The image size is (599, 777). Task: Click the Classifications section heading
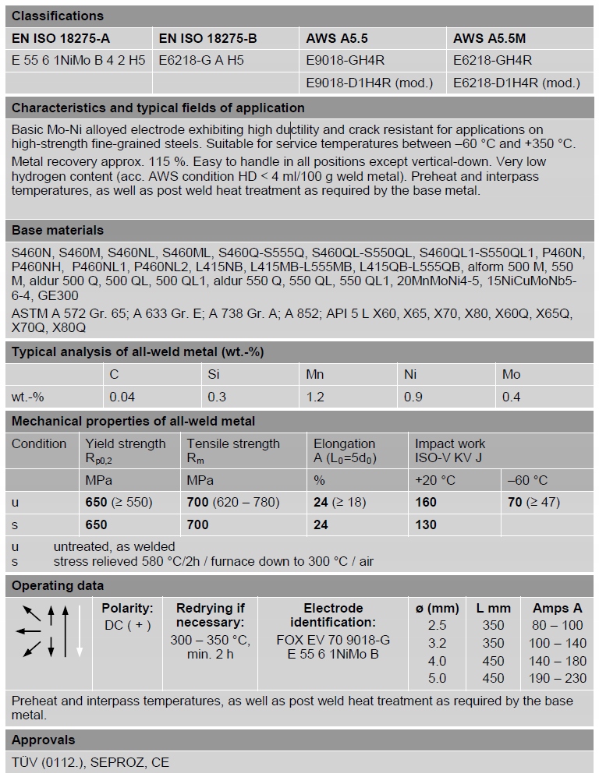(x=57, y=16)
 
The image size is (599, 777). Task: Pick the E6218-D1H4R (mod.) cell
(x=516, y=83)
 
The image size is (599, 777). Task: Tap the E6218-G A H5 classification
(x=200, y=60)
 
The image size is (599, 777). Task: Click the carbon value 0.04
(x=122, y=397)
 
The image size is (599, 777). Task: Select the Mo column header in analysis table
(x=511, y=374)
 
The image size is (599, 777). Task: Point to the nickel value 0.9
(x=413, y=397)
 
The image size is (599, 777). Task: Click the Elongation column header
(x=345, y=443)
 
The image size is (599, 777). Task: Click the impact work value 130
(x=426, y=524)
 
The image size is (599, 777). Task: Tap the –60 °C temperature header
(x=527, y=480)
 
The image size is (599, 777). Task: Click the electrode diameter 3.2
(x=437, y=643)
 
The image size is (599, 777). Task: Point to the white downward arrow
(x=79, y=630)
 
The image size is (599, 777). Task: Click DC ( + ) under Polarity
(x=127, y=625)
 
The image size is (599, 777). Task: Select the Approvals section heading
(x=44, y=740)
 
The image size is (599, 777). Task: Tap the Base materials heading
(x=57, y=230)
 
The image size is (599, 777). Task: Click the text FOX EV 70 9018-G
(x=333, y=640)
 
